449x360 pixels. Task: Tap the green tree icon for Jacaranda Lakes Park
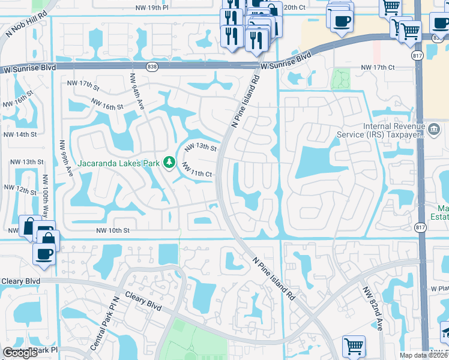click(x=170, y=162)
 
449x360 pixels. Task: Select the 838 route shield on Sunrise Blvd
click(x=151, y=65)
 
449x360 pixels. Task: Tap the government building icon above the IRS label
click(x=433, y=128)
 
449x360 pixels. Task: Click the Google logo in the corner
click(x=20, y=353)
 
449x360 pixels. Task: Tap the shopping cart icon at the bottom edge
click(x=354, y=347)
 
